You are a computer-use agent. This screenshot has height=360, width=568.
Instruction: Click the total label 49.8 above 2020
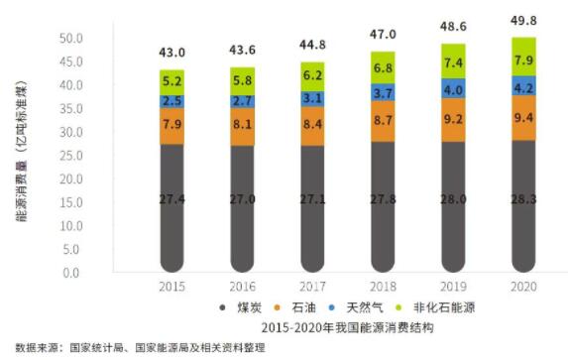(x=523, y=21)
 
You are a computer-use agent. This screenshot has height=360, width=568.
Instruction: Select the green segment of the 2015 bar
(x=172, y=82)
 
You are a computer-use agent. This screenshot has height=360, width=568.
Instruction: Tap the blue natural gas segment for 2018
(x=383, y=92)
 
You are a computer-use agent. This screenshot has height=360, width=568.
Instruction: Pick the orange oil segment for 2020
(x=523, y=118)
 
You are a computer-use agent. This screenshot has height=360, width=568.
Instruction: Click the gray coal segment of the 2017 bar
(x=312, y=209)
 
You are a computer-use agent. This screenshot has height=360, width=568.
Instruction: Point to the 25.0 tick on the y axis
(x=71, y=156)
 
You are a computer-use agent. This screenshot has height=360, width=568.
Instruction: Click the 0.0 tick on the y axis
(x=71, y=273)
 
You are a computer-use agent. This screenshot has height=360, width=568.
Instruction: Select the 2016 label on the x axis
(x=242, y=287)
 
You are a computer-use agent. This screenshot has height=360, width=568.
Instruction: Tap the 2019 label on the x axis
(x=453, y=287)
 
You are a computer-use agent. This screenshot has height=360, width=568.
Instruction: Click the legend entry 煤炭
(x=249, y=307)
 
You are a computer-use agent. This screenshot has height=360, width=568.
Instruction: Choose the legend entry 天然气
(x=365, y=307)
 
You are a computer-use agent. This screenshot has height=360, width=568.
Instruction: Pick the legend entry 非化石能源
(x=444, y=307)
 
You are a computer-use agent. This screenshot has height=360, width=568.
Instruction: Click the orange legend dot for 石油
(x=278, y=307)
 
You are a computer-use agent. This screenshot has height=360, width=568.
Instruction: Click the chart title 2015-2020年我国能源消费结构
(x=347, y=327)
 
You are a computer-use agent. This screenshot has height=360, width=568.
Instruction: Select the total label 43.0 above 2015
(x=172, y=53)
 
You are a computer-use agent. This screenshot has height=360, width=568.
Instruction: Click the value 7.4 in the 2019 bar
(x=453, y=63)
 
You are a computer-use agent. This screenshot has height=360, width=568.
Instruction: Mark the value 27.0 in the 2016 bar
(x=242, y=199)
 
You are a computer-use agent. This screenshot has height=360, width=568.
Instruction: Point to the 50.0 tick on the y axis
(x=71, y=39)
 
